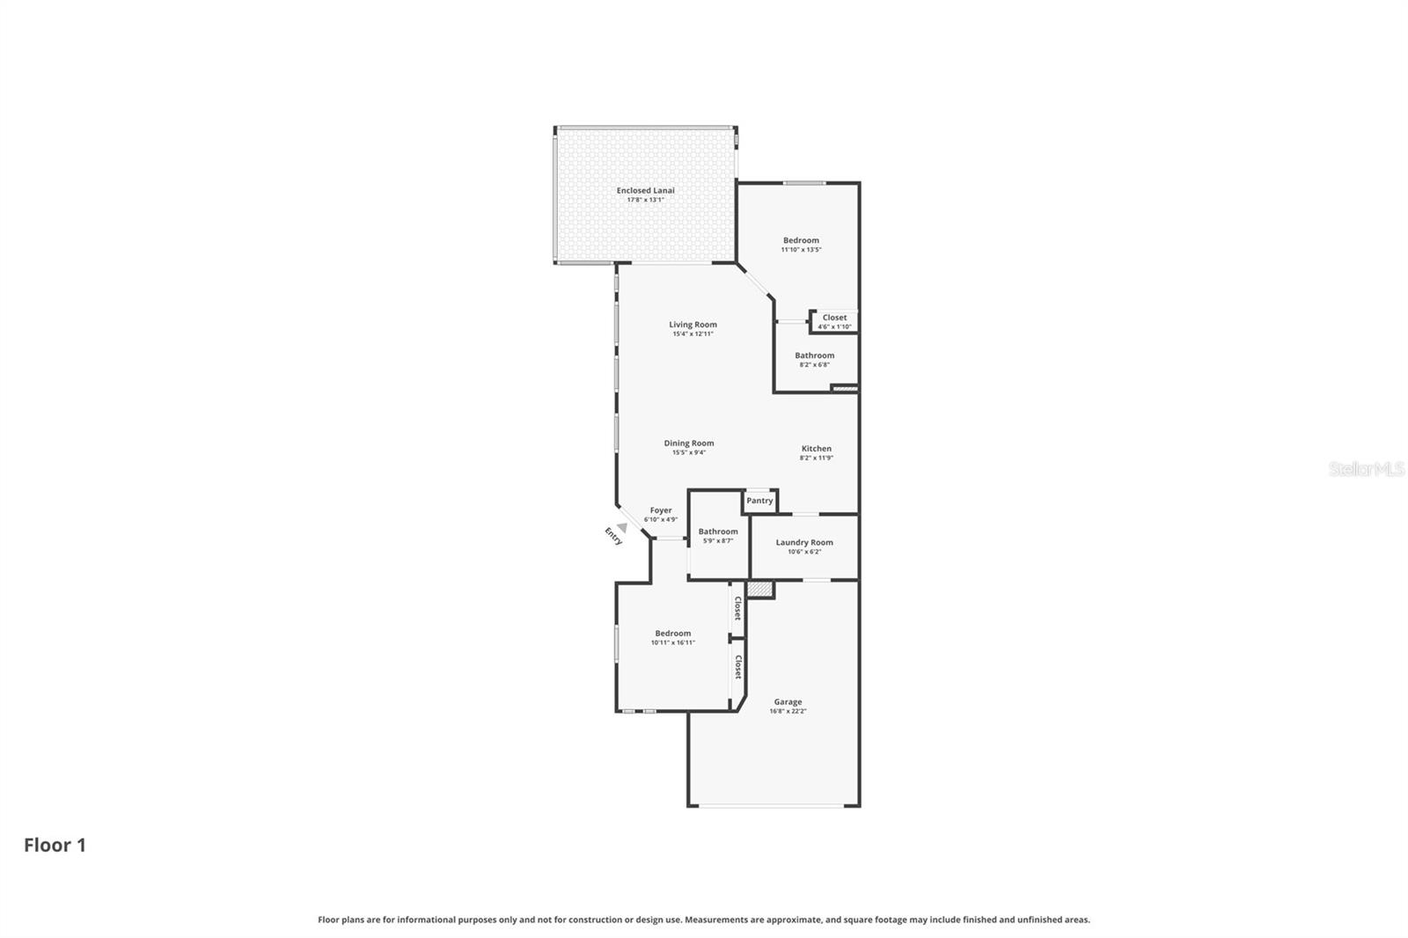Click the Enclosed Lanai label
[645, 190]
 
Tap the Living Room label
[693, 325]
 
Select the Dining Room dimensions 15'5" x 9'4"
[689, 453]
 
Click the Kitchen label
[816, 449]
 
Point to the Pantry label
[759, 501]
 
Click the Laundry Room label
[803, 542]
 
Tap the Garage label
[788, 702]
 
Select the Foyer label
[661, 510]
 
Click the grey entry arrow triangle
[622, 527]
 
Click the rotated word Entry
[613, 536]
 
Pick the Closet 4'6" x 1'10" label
[834, 318]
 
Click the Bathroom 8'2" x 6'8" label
[814, 355]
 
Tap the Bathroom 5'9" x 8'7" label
[718, 531]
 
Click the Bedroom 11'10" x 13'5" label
[801, 240]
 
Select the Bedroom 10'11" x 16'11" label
[672, 634]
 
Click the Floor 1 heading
[55, 846]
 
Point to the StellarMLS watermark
[1366, 469]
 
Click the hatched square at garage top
[759, 590]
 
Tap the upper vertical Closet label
[737, 608]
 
